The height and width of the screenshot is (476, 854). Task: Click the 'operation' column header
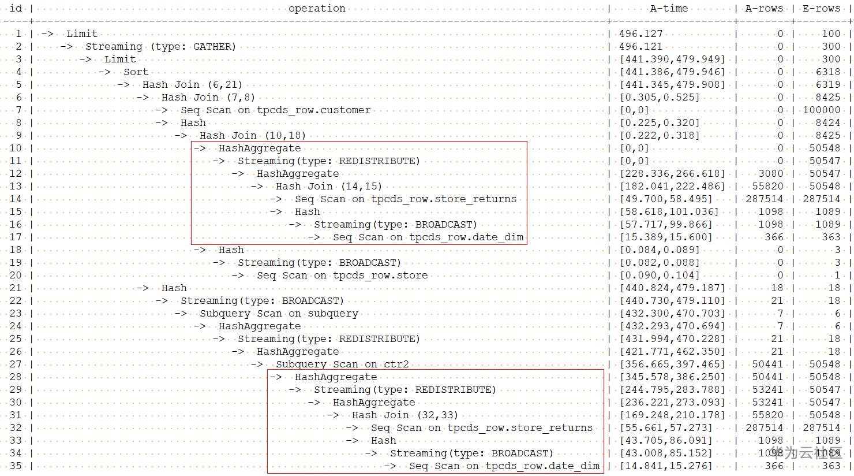pos(317,8)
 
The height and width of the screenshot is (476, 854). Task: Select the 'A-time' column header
pos(669,8)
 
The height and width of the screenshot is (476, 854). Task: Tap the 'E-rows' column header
pos(821,8)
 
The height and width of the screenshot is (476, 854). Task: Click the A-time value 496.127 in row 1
pos(641,34)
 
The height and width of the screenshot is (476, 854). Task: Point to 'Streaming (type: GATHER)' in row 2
pos(160,46)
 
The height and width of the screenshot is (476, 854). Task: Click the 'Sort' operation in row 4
pos(136,72)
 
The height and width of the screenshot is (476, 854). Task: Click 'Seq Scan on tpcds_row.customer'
pos(275,110)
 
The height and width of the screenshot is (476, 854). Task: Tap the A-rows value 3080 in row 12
pos(771,173)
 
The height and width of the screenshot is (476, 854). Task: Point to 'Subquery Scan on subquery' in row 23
pos(279,313)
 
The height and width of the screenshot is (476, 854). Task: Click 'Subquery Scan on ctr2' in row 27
pos(342,364)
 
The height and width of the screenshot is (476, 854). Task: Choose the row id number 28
pos(16,377)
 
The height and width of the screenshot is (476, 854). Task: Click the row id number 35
pos(16,466)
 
